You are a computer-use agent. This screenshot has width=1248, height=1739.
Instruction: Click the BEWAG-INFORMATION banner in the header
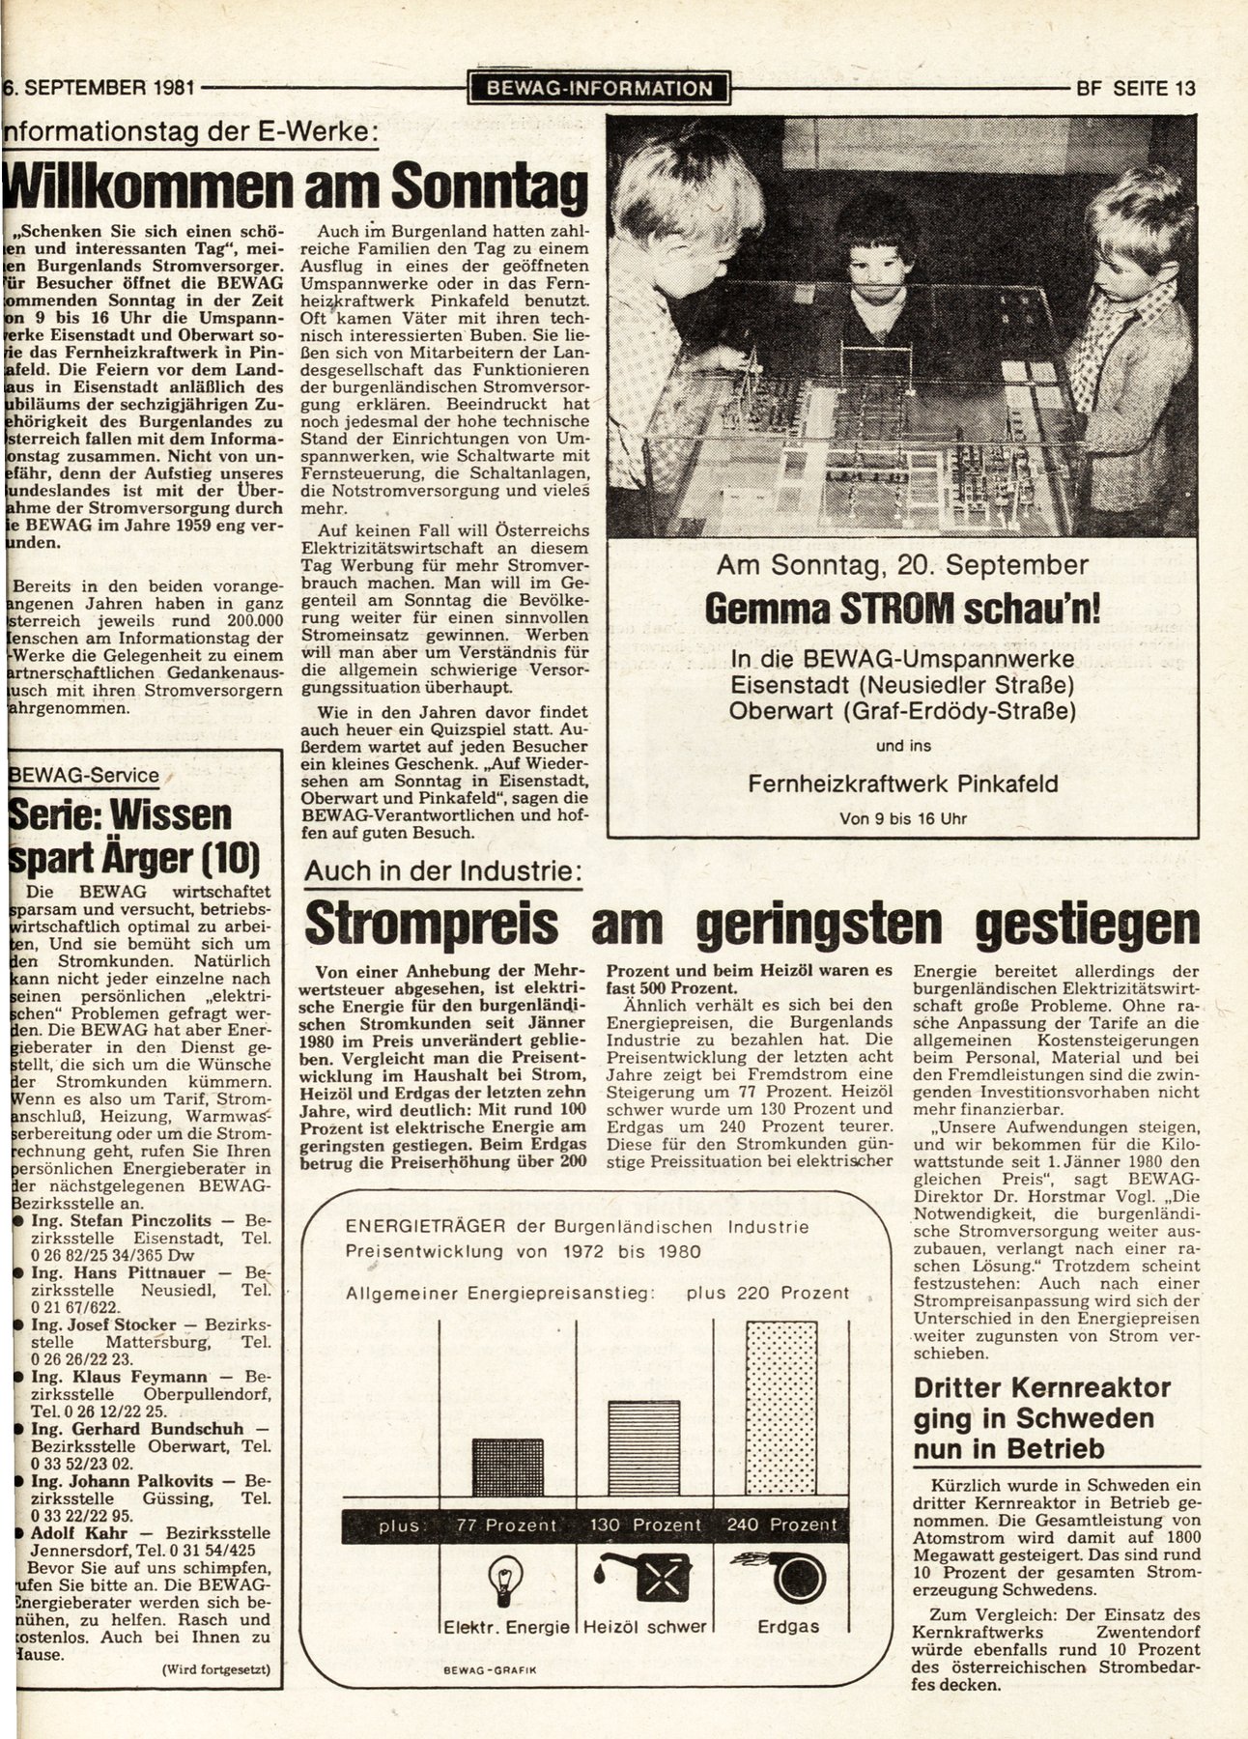click(599, 89)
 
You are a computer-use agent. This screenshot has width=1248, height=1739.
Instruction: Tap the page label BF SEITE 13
click(1135, 89)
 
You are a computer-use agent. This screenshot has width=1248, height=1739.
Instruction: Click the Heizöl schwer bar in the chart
click(643, 1449)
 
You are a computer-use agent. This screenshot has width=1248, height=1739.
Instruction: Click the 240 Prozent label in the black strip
click(782, 1525)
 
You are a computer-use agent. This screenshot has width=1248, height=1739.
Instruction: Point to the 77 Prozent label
click(507, 1525)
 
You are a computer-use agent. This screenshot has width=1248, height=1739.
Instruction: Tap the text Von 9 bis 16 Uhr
click(902, 818)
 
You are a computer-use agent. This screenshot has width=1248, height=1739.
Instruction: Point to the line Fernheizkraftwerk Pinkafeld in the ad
click(903, 783)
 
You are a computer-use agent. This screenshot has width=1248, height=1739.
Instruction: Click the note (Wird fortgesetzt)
click(215, 1668)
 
